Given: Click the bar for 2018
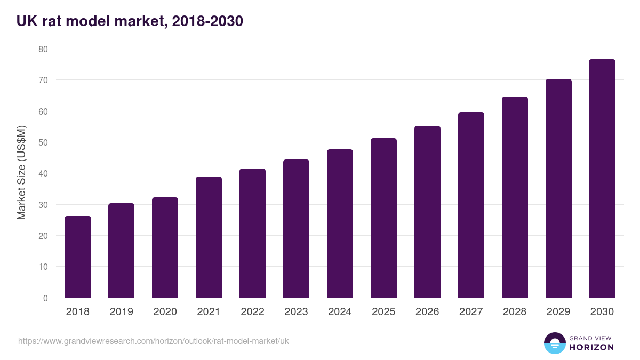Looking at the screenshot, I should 78,257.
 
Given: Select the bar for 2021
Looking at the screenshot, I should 209,237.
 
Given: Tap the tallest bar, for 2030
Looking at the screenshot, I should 602,179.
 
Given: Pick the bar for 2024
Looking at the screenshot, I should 340,223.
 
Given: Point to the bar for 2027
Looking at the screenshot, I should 471,205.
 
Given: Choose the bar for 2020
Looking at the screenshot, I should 165,247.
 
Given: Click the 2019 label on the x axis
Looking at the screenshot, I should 121,312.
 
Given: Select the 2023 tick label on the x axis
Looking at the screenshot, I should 296,312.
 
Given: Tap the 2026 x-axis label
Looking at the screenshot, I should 427,312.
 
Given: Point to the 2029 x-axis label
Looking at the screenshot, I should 558,312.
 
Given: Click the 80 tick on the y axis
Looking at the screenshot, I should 43,49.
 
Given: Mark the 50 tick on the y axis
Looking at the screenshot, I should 43,142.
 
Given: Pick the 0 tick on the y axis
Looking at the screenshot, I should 45,298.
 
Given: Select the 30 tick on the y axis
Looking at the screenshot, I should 43,205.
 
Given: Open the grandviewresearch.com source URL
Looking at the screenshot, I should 154,341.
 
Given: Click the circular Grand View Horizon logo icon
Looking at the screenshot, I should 555,343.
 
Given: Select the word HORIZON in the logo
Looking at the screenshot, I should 591,347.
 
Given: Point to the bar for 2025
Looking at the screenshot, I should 383,218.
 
